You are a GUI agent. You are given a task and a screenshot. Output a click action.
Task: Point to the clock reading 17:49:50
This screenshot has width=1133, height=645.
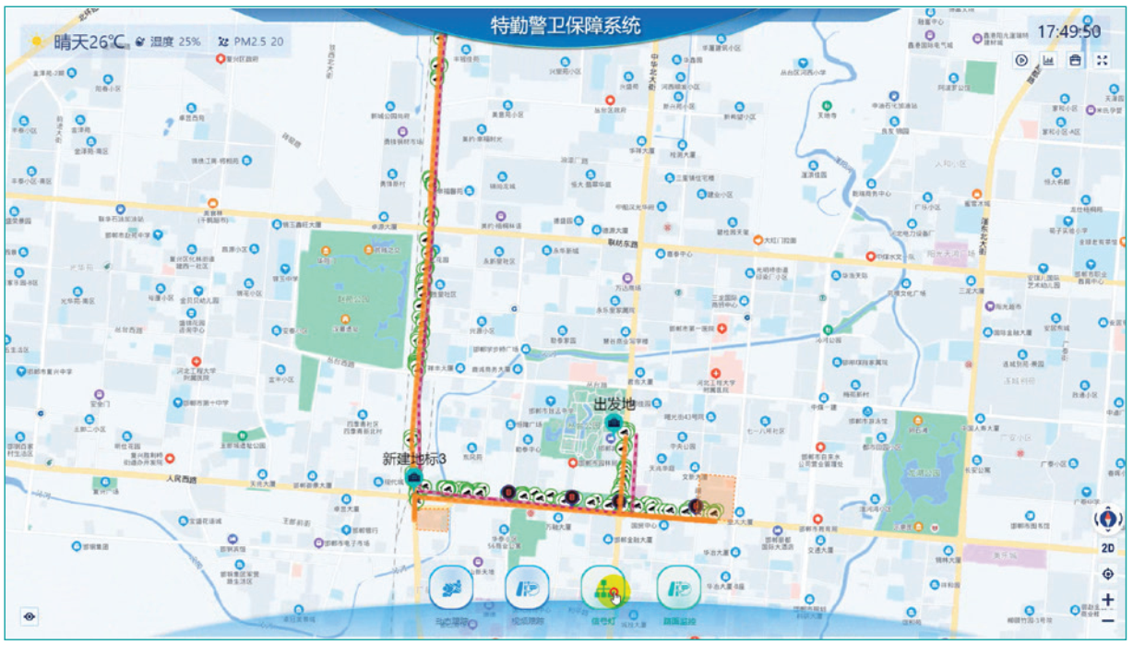click(x=1068, y=31)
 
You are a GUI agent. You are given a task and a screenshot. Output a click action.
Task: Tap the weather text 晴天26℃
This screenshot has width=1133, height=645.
click(x=89, y=42)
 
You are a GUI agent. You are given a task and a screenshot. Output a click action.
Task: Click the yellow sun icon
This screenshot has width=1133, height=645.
click(x=37, y=42)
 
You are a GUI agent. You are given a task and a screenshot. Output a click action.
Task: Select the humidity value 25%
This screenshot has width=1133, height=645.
click(x=189, y=42)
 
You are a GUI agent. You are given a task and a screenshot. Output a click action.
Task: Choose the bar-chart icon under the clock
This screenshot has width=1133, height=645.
click(x=1049, y=60)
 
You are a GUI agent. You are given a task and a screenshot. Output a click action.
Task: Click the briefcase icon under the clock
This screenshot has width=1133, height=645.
click(x=1076, y=60)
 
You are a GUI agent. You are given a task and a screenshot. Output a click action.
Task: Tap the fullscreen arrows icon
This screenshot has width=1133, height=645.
click(x=1103, y=60)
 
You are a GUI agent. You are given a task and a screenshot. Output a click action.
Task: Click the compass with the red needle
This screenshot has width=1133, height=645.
click(x=1108, y=520)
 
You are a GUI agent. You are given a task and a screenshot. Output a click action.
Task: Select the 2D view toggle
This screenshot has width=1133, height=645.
click(x=1108, y=548)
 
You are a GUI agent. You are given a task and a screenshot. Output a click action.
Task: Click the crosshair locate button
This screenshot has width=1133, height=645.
click(x=1108, y=574)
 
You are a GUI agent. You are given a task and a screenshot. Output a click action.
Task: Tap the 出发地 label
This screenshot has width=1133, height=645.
click(x=614, y=404)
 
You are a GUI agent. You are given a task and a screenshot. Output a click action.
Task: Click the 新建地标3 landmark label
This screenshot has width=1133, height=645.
click(x=414, y=459)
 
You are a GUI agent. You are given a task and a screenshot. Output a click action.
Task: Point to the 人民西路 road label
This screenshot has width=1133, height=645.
click(x=183, y=480)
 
